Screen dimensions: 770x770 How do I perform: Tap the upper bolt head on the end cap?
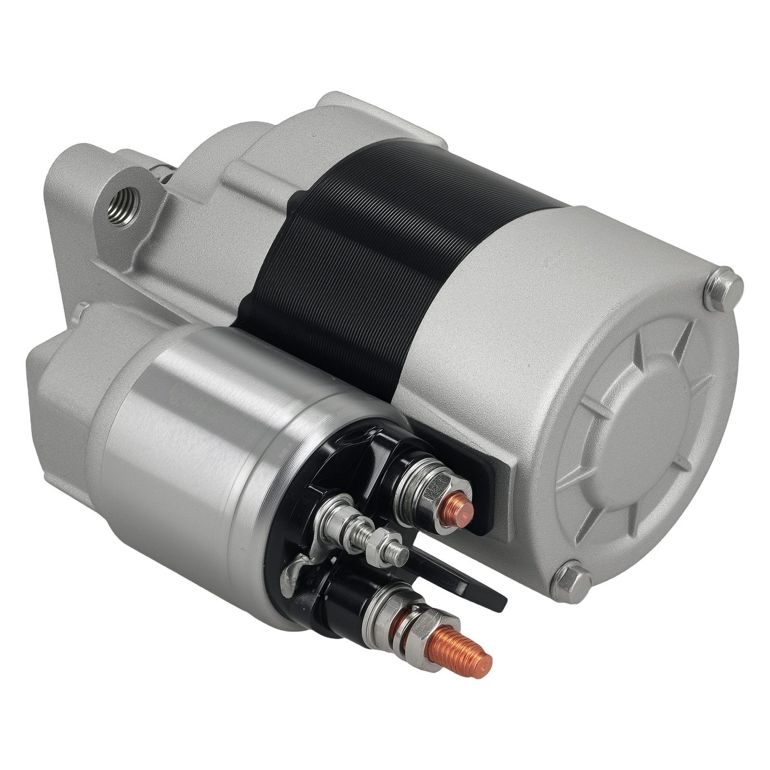[x=723, y=288]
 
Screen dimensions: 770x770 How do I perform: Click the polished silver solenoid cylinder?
[x=192, y=433]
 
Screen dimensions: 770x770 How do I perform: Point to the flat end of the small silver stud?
[x=401, y=556]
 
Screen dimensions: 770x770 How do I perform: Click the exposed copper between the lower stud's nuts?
[x=400, y=626]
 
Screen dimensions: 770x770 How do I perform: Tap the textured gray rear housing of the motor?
[x=529, y=313]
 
